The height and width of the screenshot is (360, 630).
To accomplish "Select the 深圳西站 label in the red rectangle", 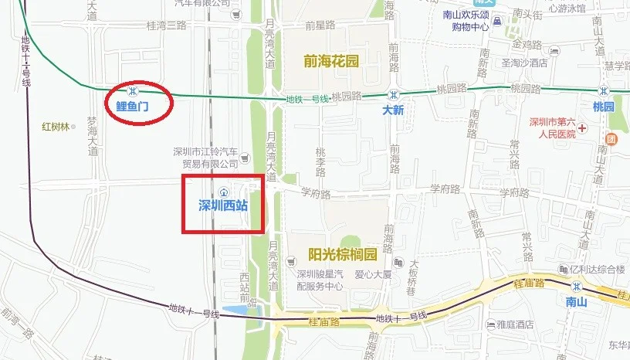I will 224,205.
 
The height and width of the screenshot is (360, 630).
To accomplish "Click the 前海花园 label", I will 331,61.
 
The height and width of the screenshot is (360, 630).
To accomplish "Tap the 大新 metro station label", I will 393,110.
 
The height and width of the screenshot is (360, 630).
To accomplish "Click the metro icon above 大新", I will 392,94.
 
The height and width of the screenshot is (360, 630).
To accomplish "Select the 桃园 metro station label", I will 603,107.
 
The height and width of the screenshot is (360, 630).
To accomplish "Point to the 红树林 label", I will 56,126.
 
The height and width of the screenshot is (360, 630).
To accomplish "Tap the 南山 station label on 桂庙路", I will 576,302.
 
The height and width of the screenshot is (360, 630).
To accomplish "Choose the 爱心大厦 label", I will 374,273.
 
